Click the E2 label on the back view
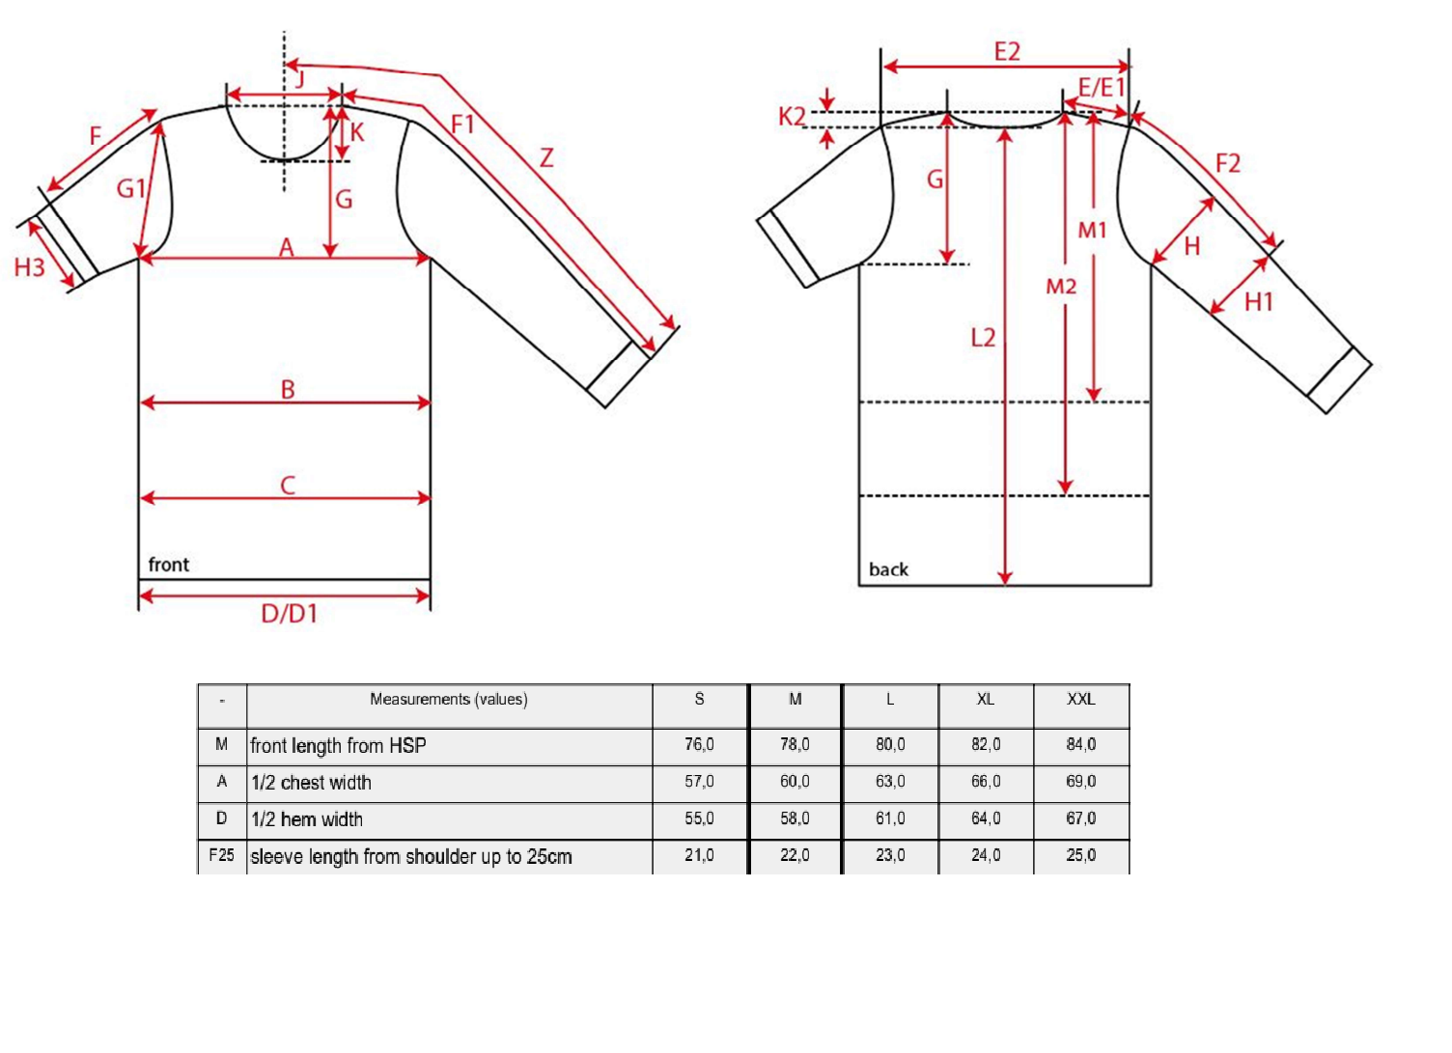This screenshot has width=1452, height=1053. (x=1007, y=51)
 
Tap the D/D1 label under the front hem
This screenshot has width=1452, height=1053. (x=289, y=614)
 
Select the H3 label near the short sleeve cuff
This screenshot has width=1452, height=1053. (x=29, y=267)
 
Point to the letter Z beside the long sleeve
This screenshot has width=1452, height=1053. (x=546, y=158)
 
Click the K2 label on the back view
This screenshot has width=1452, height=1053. (x=792, y=117)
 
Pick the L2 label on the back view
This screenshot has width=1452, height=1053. (x=983, y=338)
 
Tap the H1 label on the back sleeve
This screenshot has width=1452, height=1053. (x=1259, y=302)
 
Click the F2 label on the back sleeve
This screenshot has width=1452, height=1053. (x=1228, y=163)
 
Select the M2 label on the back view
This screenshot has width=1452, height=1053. (x=1061, y=287)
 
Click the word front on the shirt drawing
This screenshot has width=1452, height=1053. (x=169, y=565)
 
